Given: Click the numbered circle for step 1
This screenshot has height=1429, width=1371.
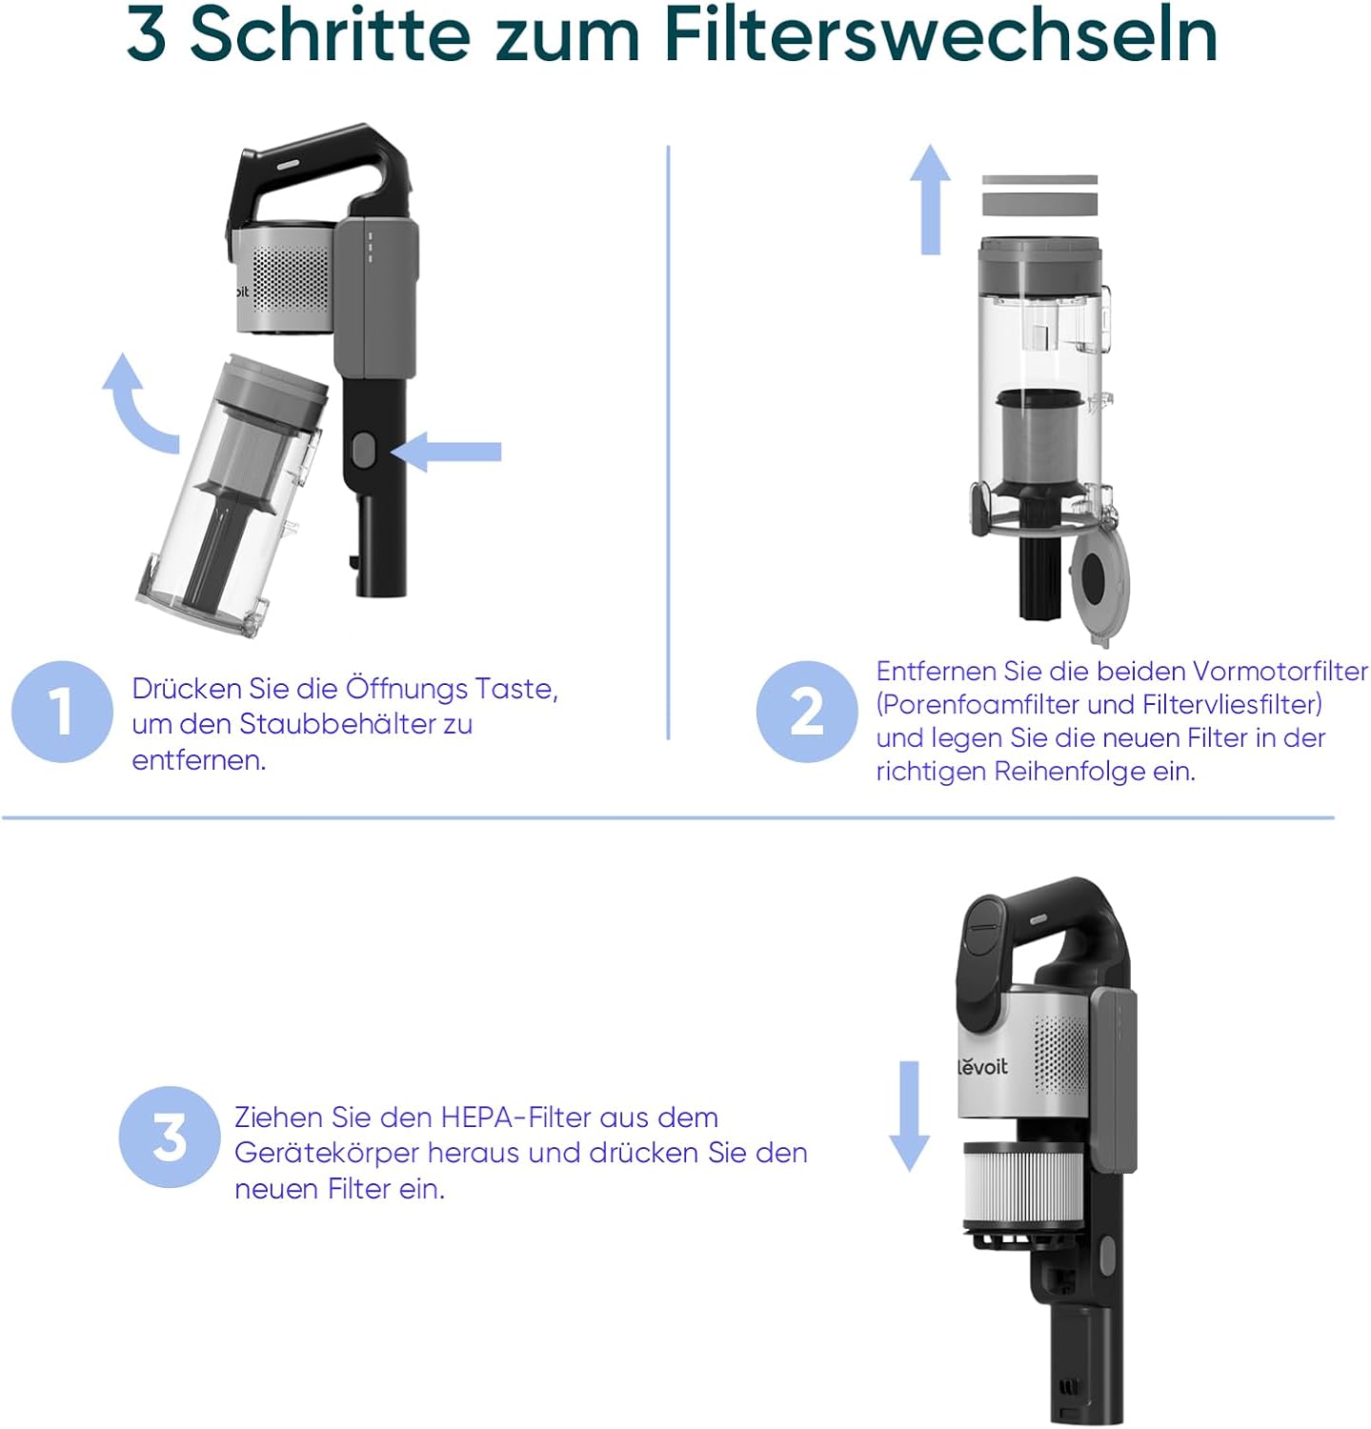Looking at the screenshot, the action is [x=62, y=711].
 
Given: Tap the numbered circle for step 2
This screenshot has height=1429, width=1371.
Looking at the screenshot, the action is [x=807, y=711].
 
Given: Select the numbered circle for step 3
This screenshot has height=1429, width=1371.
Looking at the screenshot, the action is [x=170, y=1137].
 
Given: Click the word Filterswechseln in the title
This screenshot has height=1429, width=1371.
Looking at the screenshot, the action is [x=940, y=34].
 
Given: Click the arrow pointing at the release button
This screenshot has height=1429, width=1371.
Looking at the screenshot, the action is [x=446, y=452].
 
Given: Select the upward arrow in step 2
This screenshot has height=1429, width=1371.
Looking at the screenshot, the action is [x=930, y=199].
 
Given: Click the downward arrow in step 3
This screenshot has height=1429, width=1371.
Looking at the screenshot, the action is [x=909, y=1116].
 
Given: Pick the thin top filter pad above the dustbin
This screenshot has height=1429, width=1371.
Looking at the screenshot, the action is [x=1039, y=180].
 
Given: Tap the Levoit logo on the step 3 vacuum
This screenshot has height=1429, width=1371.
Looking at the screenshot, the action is [x=982, y=1065].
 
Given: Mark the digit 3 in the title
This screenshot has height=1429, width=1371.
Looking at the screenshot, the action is [x=147, y=35].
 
